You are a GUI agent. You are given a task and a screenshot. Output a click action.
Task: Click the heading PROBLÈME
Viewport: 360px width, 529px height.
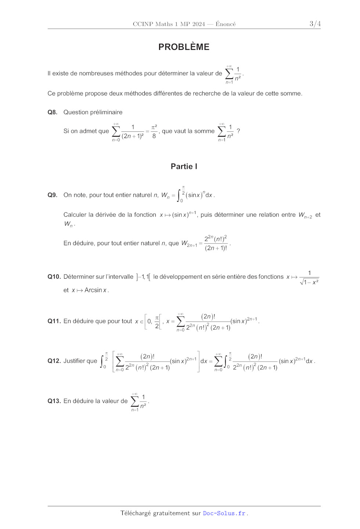click(x=184, y=47)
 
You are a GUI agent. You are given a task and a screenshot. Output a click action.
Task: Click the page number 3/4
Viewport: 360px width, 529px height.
click(x=315, y=24)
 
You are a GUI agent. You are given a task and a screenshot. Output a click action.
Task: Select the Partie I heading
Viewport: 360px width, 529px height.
click(x=184, y=166)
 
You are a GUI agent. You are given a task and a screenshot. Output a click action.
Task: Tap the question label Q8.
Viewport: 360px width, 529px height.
click(x=53, y=112)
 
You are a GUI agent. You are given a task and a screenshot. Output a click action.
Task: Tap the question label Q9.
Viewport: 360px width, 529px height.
click(x=53, y=195)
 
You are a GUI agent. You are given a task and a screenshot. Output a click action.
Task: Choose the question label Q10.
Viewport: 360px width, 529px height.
click(x=54, y=277)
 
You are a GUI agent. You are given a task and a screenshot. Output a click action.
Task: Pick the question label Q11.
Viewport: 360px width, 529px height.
click(x=54, y=321)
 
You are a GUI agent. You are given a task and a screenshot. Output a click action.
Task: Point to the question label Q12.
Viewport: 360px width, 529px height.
click(x=54, y=361)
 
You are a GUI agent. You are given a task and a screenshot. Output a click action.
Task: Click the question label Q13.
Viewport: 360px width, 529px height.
click(x=54, y=401)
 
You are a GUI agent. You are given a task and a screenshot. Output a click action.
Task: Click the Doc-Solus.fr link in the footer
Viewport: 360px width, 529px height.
click(x=224, y=513)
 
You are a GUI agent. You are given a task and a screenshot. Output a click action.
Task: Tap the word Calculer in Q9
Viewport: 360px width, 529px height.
click(x=75, y=215)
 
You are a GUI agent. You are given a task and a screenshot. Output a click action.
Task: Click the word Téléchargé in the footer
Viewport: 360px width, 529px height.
click(x=136, y=513)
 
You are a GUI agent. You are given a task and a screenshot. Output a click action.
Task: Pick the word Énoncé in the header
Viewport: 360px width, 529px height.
click(x=226, y=24)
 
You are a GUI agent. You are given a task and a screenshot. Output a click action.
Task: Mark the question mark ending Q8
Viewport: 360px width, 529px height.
click(x=238, y=131)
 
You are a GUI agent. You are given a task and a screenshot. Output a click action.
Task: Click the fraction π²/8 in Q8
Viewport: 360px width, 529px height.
click(x=154, y=131)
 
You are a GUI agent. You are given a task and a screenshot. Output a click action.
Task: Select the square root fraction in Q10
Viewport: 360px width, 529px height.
click(x=309, y=278)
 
